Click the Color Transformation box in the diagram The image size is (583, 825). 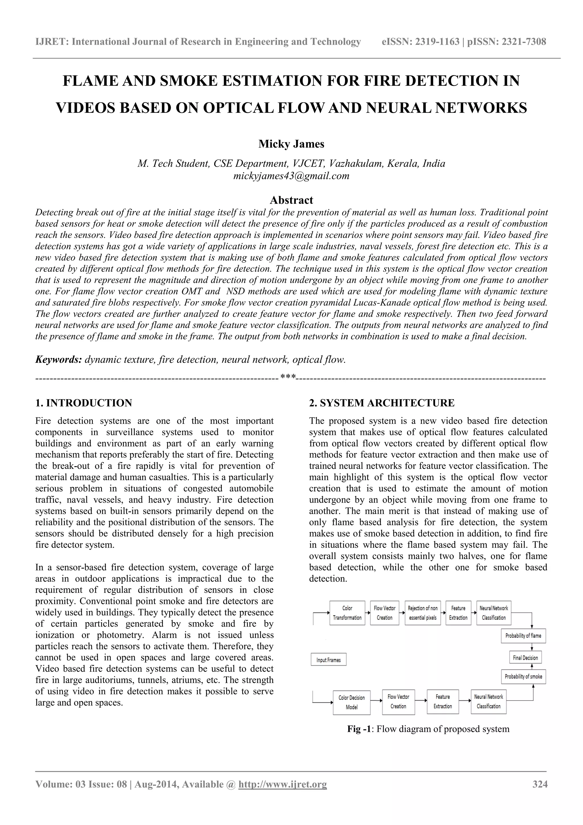tap(347, 613)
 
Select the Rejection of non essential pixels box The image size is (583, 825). tap(422, 613)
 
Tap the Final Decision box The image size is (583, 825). tap(525, 658)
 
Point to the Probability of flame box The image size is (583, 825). tap(523, 636)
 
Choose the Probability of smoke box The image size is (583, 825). tap(523, 676)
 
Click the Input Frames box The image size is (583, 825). tap(328, 660)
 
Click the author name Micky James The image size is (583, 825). tap(291, 144)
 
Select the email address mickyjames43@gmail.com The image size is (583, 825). tap(291, 176)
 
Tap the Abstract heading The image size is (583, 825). tap(291, 200)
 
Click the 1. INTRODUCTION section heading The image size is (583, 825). tap(84, 403)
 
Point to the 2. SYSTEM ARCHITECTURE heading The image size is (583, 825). tap(382, 403)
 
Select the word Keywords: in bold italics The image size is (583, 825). tap(59, 360)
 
